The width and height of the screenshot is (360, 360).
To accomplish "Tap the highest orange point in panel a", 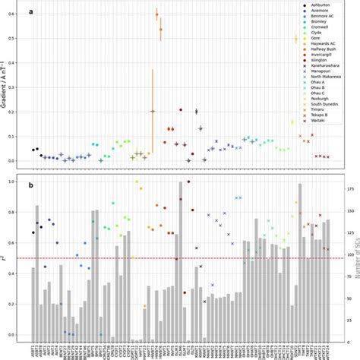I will point(156,14).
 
